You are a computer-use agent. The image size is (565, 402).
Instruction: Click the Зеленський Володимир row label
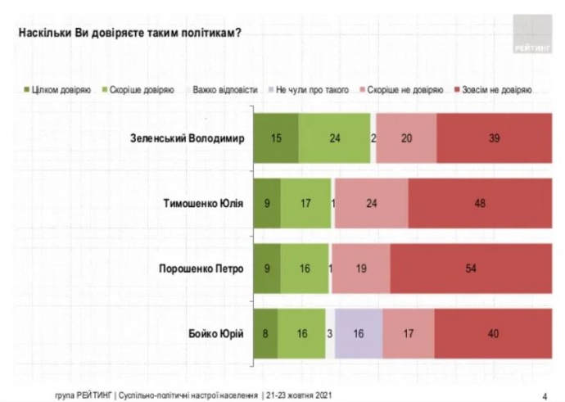[188, 138]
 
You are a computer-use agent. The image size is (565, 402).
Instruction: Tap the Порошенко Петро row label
[202, 267]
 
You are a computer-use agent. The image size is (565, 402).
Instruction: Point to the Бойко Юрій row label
[216, 332]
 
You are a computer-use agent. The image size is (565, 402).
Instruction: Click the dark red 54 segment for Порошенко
[471, 267]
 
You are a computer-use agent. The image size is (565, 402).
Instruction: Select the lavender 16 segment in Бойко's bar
[359, 332]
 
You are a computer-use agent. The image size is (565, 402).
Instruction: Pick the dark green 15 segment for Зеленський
[276, 138]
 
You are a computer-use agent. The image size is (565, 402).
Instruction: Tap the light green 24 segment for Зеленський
[334, 138]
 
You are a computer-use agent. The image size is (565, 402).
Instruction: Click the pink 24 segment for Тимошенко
[371, 202]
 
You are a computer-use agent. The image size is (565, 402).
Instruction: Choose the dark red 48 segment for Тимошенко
[480, 202]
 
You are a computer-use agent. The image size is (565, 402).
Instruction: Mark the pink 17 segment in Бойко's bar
[408, 332]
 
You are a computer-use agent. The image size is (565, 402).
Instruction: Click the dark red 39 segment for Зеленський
[494, 138]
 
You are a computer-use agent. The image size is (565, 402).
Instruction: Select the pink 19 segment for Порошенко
[361, 267]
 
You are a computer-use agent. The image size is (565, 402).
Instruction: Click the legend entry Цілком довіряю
[56, 88]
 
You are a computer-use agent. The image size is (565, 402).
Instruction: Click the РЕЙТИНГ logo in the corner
[533, 36]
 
